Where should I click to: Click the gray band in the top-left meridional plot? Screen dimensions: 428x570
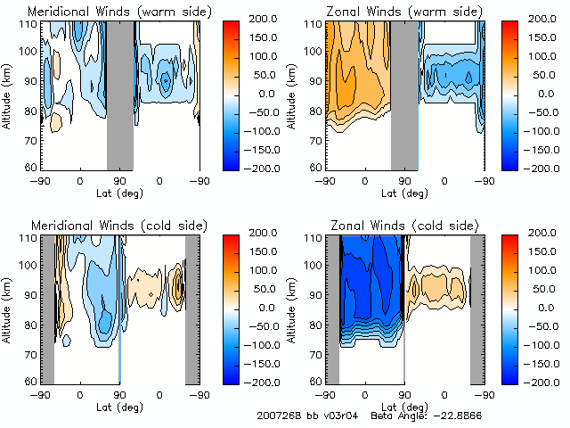(120, 94)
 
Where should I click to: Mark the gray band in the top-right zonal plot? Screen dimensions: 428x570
(404, 94)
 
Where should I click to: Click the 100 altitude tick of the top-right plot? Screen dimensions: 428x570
(314, 51)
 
